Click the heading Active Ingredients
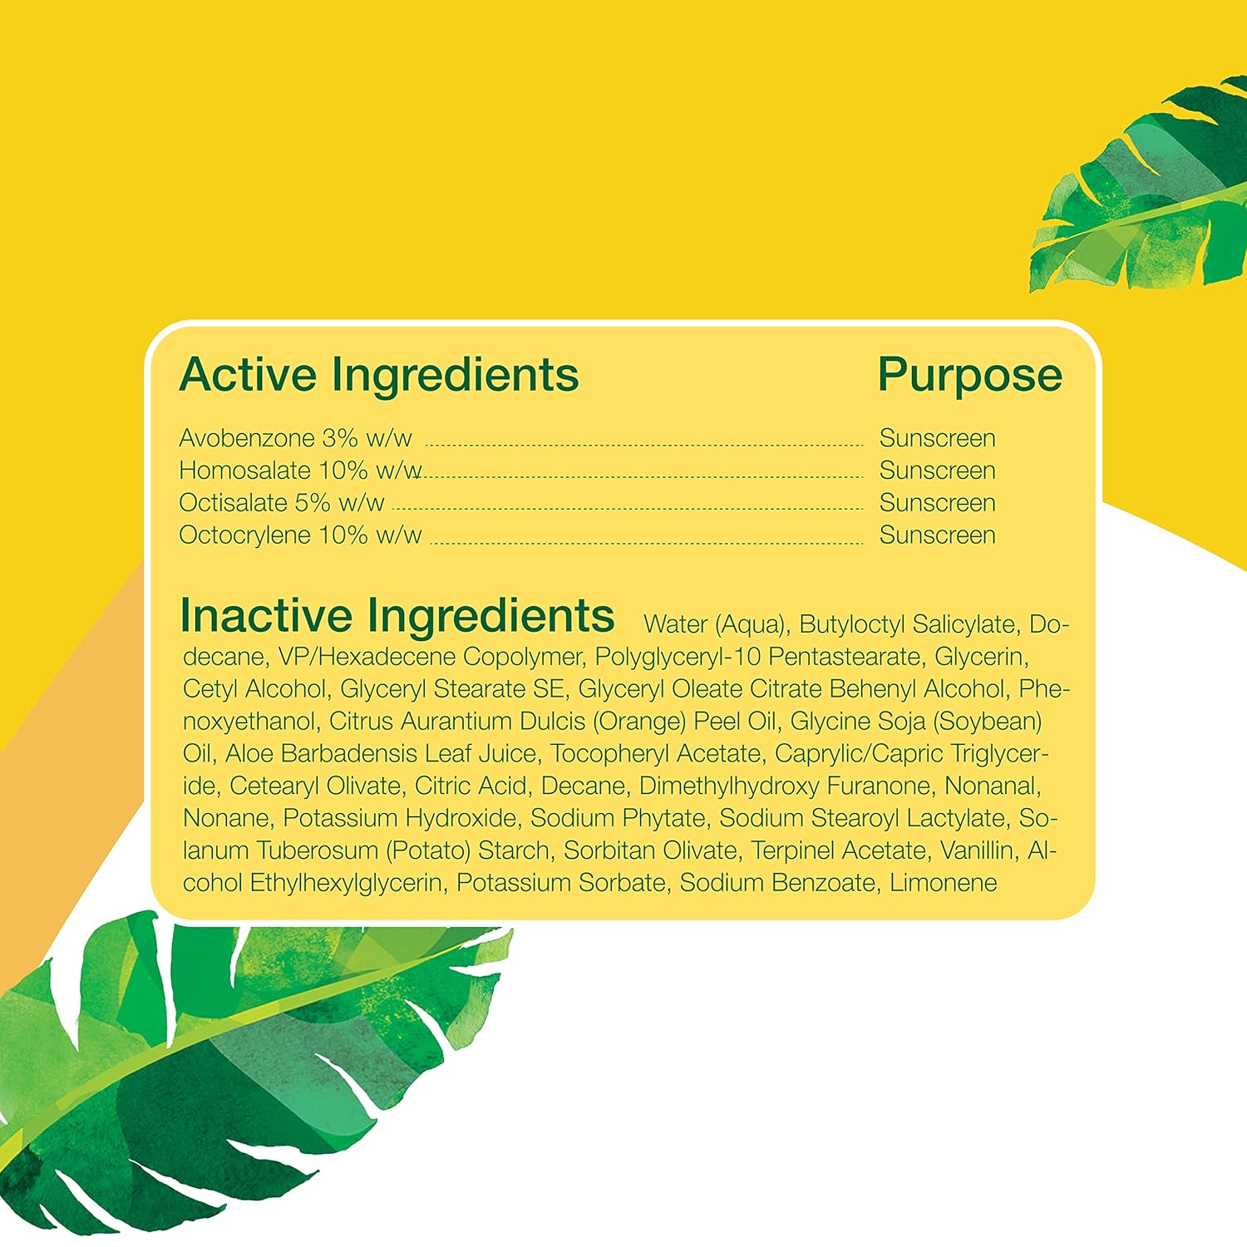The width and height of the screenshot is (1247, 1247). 379,375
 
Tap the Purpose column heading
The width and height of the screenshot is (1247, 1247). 969,375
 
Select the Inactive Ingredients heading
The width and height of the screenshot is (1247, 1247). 397,616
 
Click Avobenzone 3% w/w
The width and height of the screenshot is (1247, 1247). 295,438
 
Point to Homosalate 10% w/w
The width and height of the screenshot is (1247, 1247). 300,471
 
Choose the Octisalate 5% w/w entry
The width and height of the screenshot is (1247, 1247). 282,503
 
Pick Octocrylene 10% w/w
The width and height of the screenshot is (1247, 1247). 300,535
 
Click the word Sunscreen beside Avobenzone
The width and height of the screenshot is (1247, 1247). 937,438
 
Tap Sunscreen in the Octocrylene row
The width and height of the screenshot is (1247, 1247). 937,535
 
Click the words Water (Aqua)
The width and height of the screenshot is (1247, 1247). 714,624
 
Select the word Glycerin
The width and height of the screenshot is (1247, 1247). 979,657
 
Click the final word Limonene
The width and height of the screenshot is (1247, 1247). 943,883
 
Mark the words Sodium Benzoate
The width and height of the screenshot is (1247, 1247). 777,883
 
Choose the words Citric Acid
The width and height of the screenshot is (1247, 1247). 471,786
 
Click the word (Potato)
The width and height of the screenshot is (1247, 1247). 427,850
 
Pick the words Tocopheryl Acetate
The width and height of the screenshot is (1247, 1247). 656,753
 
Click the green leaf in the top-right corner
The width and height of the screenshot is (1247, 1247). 1156,191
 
